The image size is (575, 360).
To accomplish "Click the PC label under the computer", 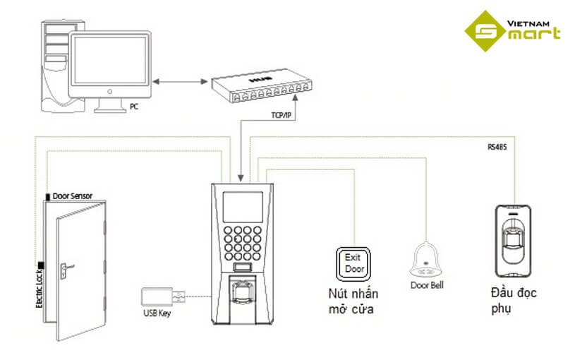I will [x=134, y=107].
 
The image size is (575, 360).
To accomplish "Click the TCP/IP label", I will [x=282, y=113].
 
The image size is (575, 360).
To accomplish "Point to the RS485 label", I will [x=497, y=147].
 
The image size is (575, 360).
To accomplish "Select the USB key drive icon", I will [x=162, y=297].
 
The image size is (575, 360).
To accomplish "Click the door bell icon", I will [x=426, y=260].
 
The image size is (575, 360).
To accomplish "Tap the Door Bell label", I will [x=427, y=286].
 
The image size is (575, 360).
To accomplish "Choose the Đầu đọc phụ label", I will [x=512, y=299].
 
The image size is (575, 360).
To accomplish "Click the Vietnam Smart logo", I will [x=513, y=32].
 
